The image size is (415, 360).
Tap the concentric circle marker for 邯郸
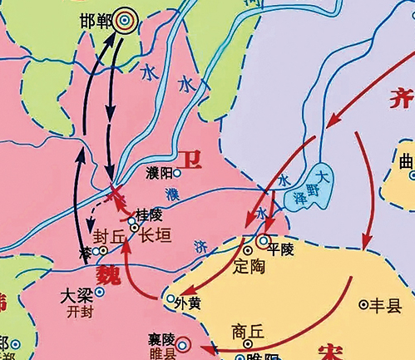pos(126,17)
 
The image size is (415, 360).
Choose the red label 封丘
pos(114,235)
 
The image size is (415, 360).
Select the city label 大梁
pos(77,294)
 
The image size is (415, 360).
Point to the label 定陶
pos(250,267)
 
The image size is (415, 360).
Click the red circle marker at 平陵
pos(264,242)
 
